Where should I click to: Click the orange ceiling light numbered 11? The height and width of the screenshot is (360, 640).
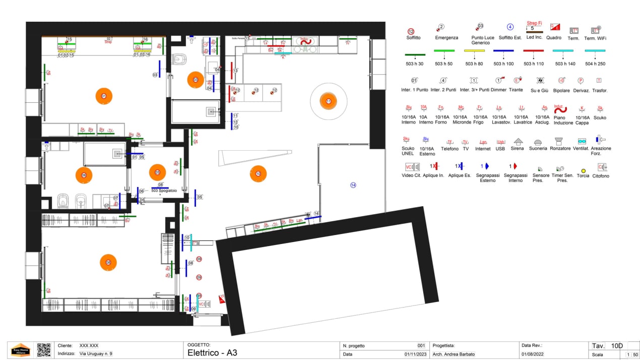pos(328,101)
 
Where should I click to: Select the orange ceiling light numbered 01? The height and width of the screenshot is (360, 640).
pos(104,96)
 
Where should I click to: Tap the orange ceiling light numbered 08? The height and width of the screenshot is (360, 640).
pos(108,262)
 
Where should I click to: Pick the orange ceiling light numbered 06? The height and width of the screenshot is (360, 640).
pos(84,175)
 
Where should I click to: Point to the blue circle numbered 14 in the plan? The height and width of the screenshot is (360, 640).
pos(353,185)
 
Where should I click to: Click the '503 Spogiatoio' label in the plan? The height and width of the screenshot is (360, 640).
pos(160,191)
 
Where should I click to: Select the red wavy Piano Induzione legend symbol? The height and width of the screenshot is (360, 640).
pos(560,109)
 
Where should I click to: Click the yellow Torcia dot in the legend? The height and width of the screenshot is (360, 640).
pos(583,171)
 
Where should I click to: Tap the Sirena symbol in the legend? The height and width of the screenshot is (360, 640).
pos(517,142)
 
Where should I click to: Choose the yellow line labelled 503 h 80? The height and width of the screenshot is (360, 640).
pos(474,51)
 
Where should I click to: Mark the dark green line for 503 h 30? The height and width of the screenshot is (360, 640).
pos(415,54)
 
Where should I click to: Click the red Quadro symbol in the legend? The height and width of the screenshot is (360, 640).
pos(554,27)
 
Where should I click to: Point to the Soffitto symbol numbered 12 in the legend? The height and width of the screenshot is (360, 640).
pos(411,31)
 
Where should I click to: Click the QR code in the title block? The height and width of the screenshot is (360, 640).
pos(44,350)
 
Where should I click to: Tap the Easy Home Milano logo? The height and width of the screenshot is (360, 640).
pos(21,350)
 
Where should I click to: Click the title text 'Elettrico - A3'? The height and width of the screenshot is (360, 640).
pos(212,353)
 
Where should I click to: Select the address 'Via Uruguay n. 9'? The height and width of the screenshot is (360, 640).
pos(96,354)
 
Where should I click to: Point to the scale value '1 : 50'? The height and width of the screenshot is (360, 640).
pos(632,354)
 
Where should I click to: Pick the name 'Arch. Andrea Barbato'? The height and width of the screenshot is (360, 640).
pos(453,354)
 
